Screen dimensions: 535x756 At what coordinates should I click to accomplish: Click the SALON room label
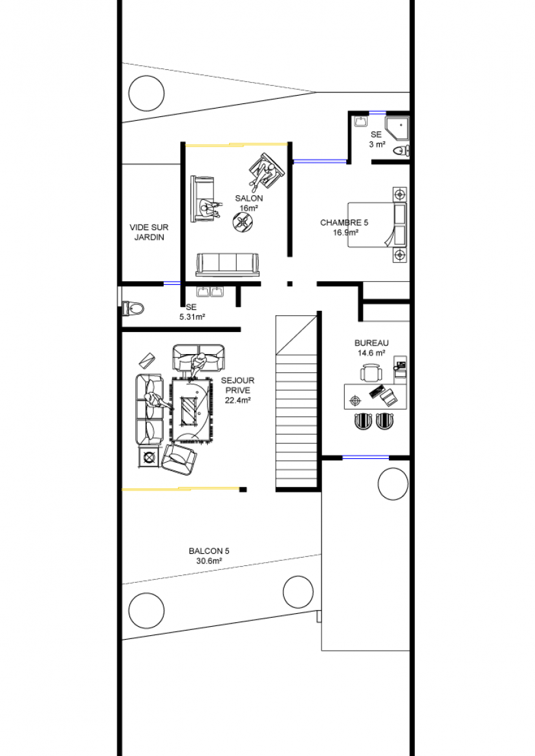(248, 198)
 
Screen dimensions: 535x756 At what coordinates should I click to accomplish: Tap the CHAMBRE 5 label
(344, 223)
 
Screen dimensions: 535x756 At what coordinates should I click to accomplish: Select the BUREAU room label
(371, 343)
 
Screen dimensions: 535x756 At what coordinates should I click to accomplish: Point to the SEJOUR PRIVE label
(237, 385)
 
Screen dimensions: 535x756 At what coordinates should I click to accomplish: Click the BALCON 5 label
(209, 551)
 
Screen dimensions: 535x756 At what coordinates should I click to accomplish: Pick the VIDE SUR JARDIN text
(149, 233)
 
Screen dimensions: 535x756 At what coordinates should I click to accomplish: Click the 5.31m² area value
(192, 317)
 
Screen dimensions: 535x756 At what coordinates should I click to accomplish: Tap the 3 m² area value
(377, 144)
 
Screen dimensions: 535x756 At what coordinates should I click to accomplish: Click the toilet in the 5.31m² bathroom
(133, 308)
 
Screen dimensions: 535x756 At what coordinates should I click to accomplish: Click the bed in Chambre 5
(377, 225)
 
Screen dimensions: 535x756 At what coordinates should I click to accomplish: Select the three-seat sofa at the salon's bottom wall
(228, 264)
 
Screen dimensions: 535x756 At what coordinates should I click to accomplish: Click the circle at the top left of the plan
(146, 92)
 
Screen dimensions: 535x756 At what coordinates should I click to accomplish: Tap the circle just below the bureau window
(393, 485)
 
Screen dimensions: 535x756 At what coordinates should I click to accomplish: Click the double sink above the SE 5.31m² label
(210, 291)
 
